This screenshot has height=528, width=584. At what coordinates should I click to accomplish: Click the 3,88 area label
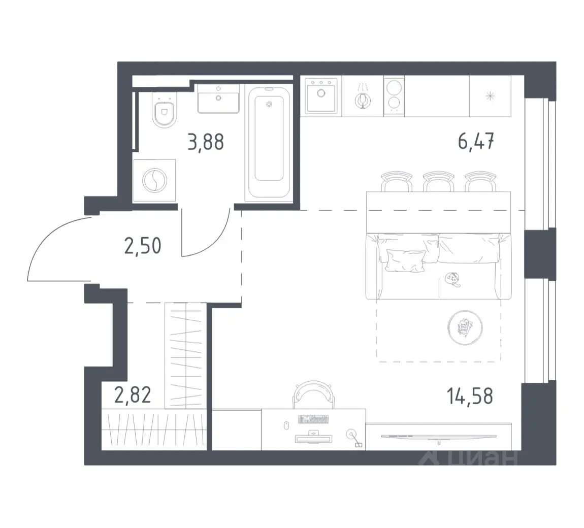pos(206,142)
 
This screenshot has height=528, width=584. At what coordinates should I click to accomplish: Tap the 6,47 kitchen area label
pos(476,142)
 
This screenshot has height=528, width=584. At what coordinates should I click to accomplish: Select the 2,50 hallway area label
pos(143,246)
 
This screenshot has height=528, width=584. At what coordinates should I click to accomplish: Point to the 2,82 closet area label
pos(133,395)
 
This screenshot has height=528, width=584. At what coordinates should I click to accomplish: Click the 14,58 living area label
pos(470,396)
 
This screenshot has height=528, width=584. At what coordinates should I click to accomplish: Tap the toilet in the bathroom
pos(164,109)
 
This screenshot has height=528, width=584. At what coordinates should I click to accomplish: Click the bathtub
pos(269,142)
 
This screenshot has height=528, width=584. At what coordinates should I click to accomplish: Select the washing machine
pos(154,181)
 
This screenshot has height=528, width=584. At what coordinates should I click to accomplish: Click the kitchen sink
pos(321,95)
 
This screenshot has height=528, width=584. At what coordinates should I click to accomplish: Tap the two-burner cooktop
pos(394,96)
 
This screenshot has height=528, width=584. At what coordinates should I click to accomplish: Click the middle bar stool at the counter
pos(439,181)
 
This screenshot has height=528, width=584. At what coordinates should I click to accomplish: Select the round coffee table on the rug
pos(465,327)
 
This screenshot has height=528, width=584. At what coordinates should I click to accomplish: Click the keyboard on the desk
pos(313,419)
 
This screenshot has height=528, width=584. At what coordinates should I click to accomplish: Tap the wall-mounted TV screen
pos(439,436)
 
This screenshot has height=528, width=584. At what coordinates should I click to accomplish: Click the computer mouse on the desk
pos(286,425)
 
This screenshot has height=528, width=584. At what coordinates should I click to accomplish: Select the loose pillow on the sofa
pos(406,260)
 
